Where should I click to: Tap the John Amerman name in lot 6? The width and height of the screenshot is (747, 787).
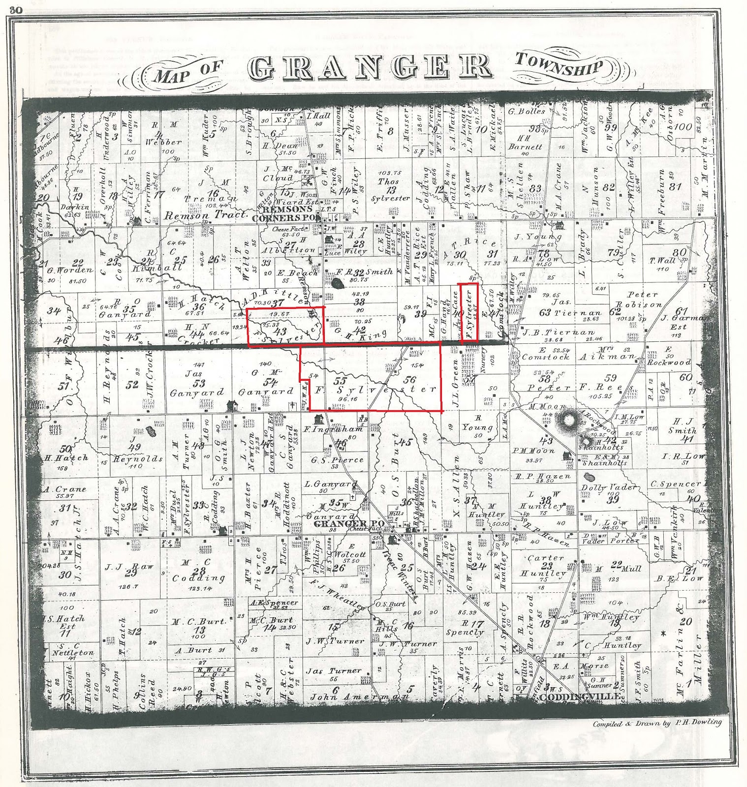coord(358,697)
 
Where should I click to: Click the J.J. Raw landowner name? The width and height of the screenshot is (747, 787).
coord(129,567)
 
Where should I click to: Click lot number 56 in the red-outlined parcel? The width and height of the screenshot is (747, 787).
coord(409,380)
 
